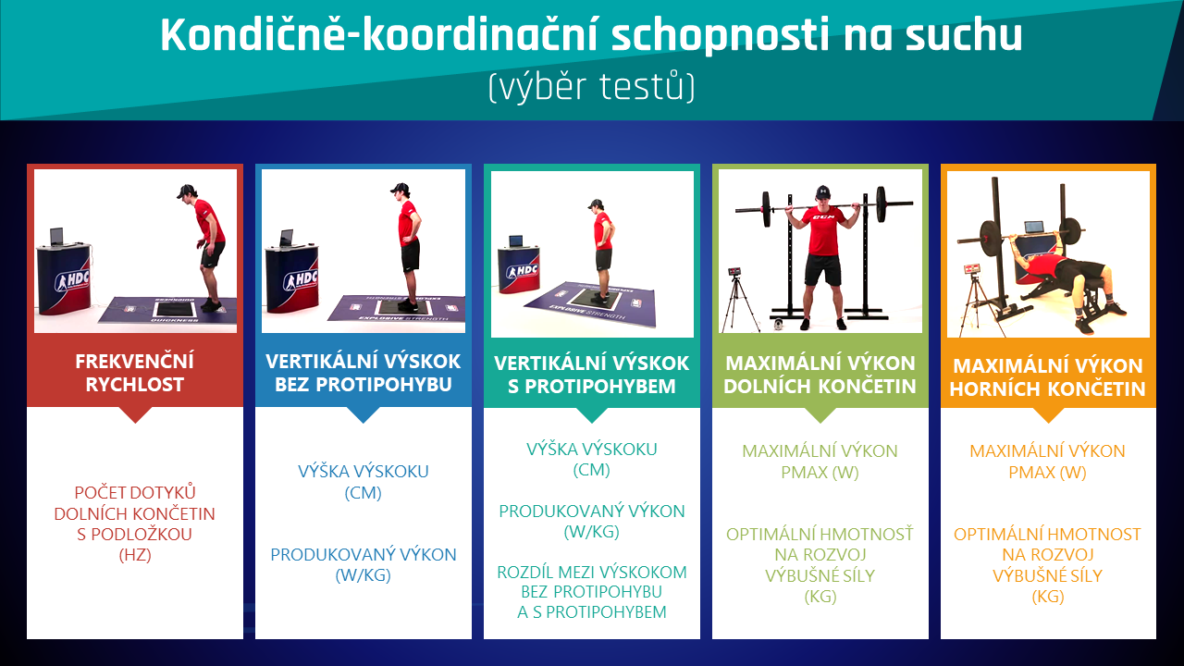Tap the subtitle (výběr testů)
tap(591, 87)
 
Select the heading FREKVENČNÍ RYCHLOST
tap(135, 373)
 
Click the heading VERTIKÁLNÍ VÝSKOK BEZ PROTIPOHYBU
tap(364, 373)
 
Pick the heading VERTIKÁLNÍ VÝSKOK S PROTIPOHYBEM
tap(591, 375)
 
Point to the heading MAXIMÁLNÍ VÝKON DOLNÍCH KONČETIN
tap(820, 375)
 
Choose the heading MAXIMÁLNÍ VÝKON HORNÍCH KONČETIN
tap(1048, 377)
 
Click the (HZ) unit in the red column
tap(135, 555)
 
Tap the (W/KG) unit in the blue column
tap(364, 575)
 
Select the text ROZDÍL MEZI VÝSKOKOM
tap(591, 573)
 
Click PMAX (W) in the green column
tap(820, 472)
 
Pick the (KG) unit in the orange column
tap(1048, 597)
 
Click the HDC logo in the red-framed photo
tap(72, 280)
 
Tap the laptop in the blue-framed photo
tap(287, 238)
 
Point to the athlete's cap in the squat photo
tap(822, 191)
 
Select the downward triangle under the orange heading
tap(1048, 415)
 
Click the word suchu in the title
tap(964, 35)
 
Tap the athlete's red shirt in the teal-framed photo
tap(603, 231)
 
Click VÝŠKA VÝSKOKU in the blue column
tap(364, 472)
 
